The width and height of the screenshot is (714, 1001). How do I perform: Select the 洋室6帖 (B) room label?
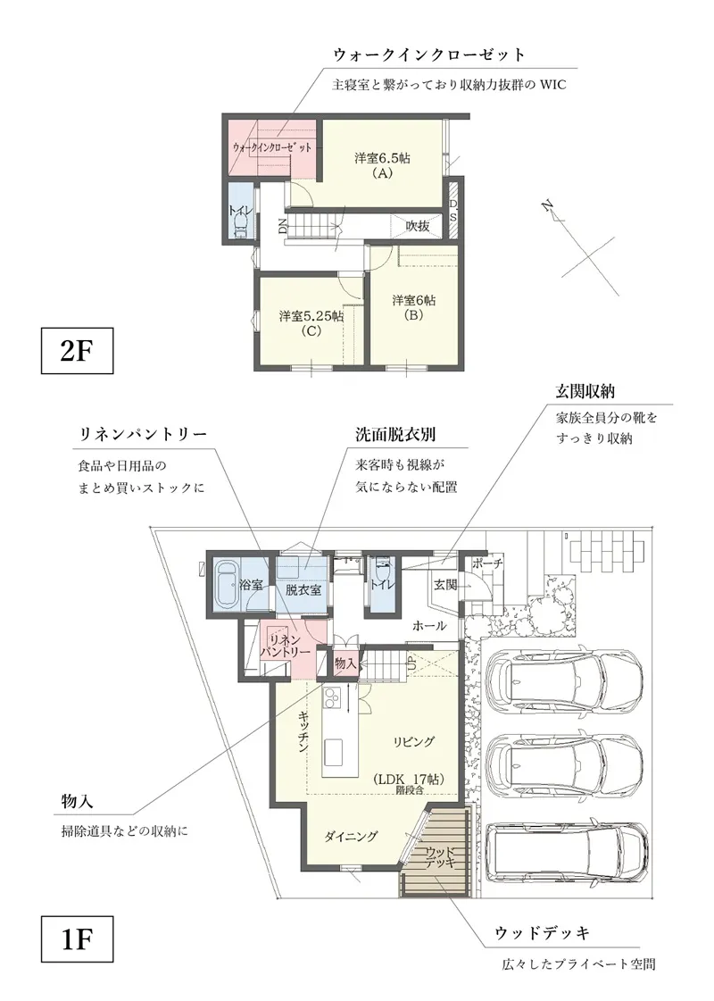click(x=413, y=307)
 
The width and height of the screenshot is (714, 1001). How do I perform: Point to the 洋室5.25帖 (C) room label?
click(x=311, y=322)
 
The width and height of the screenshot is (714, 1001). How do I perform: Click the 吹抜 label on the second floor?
click(x=418, y=227)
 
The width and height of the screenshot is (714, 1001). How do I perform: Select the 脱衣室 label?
click(x=303, y=588)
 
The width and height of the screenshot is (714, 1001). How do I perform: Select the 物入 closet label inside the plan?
click(x=345, y=663)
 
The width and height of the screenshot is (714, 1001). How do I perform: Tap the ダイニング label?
click(x=351, y=836)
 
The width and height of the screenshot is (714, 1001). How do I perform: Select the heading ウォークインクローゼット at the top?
click(x=428, y=54)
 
